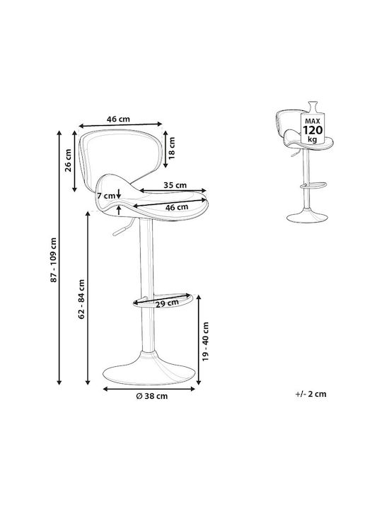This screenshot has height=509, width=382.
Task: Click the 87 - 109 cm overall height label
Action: [54, 260]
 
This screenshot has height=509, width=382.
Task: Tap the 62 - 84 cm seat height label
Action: [81, 299]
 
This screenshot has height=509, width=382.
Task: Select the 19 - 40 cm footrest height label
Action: [205, 341]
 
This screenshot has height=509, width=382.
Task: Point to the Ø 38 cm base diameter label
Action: [152, 396]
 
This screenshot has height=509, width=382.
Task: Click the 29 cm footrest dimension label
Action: [167, 303]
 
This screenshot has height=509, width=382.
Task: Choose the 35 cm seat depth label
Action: [175, 185]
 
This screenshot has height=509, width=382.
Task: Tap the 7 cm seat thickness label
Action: [106, 196]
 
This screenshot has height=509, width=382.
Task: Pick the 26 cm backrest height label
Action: [68, 160]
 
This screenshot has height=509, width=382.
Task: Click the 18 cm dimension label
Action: [171, 148]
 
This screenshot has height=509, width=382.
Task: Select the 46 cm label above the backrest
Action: [118, 119]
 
